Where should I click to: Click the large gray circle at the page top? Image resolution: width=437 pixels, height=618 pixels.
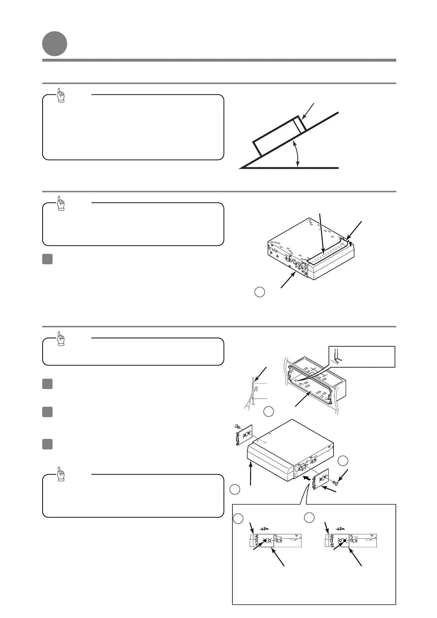click(54, 44)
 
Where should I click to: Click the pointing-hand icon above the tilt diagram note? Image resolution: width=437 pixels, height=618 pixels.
click(61, 95)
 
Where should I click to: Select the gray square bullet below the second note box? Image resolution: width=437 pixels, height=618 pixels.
click(47, 259)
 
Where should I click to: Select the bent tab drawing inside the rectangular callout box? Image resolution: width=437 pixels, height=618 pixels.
click(338, 356)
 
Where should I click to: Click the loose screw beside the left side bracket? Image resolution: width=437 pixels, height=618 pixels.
click(238, 427)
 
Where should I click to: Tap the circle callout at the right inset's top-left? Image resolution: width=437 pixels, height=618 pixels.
click(309, 517)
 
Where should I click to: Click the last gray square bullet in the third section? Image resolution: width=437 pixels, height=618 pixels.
click(47, 444)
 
